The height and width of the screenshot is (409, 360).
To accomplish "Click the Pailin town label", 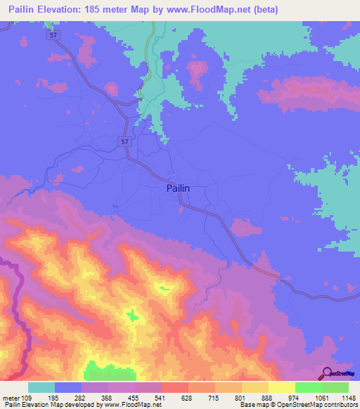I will (x=178, y=188).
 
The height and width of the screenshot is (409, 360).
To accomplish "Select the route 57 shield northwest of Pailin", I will (x=124, y=141).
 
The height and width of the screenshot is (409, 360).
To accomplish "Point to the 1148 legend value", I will (x=348, y=398).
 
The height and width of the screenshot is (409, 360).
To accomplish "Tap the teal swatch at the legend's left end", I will (x=41, y=387).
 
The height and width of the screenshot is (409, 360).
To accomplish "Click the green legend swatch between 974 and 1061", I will (x=308, y=387).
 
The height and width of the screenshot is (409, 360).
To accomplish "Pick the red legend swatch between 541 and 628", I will (x=175, y=387).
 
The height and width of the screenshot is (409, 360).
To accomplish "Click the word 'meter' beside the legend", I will (x=11, y=398).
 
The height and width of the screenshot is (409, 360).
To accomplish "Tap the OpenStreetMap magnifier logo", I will (x=327, y=373).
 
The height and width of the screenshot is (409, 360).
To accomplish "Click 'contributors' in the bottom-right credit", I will (x=339, y=405).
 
